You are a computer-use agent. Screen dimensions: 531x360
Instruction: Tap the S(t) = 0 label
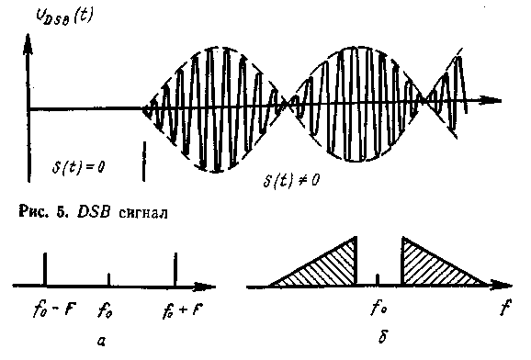point(79,166)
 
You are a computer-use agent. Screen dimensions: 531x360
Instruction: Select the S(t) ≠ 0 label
point(291,180)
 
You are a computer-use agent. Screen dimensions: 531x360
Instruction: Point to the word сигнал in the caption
point(143,213)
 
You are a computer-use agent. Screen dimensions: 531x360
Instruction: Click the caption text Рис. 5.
point(44,213)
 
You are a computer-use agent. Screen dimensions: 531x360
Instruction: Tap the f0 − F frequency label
point(54,309)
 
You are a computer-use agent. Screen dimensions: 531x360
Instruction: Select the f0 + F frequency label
point(183,311)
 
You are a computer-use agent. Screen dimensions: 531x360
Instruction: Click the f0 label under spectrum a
point(105,310)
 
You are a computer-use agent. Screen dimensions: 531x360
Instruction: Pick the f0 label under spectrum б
point(378,308)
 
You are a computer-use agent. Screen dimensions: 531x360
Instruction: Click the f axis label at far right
point(505,307)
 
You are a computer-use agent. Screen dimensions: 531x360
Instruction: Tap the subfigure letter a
point(101,341)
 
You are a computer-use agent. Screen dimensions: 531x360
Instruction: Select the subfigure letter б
point(382,336)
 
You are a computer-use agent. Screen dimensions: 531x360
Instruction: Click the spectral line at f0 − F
point(45,270)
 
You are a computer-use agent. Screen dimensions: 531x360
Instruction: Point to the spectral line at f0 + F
point(175,270)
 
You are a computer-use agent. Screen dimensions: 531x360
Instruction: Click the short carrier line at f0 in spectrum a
point(108,280)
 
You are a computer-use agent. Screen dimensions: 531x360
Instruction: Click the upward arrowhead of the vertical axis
point(28,44)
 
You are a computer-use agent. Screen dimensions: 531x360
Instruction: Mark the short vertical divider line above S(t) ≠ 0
point(144,162)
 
